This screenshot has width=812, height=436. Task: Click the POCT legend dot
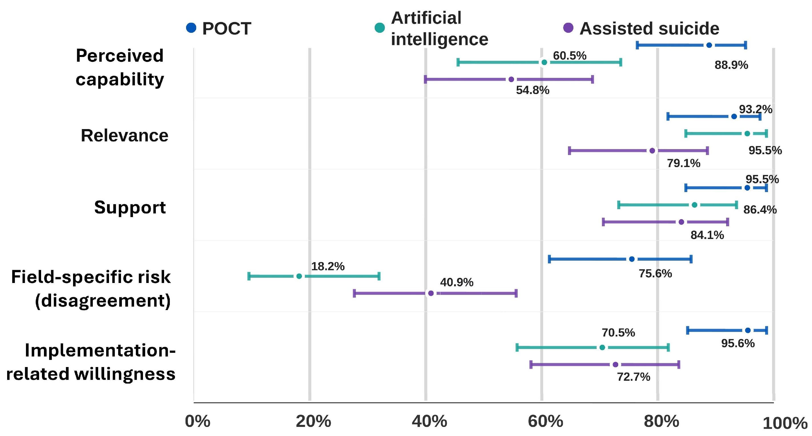191,28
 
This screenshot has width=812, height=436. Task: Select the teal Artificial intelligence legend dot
380,28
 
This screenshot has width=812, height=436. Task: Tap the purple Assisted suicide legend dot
568,28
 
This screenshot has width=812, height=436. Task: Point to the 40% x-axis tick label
429,421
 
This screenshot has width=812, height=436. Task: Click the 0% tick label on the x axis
198,421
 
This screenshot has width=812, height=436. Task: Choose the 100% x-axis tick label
785,423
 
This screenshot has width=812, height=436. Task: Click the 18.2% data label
328,266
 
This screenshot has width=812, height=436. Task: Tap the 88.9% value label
731,65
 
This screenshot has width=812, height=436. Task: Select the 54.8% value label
533,90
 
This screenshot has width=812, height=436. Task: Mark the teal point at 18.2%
299,276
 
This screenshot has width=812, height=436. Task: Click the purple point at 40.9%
431,293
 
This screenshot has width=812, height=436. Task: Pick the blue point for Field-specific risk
632,259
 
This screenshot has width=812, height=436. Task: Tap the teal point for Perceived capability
544,62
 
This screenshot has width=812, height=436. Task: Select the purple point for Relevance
652,151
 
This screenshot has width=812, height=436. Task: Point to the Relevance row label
124,136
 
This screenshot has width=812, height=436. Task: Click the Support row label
130,207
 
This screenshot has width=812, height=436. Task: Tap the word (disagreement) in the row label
103,300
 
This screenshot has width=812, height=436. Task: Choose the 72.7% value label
634,376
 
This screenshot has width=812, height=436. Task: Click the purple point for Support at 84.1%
681,222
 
